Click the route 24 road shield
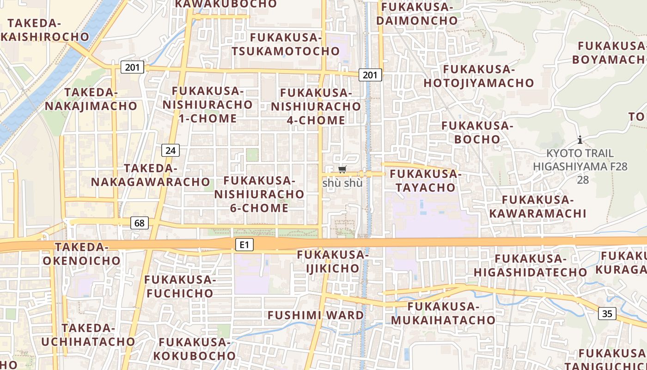pyautogui.click(x=171, y=150)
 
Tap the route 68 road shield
pyautogui.click(x=140, y=223)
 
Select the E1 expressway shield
pyautogui.click(x=244, y=245)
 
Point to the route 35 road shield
pyautogui.click(x=607, y=314)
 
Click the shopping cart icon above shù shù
pyautogui.click(x=342, y=170)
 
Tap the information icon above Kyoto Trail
pyautogui.click(x=580, y=140)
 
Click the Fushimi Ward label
pyautogui.click(x=316, y=315)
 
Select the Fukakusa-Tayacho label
pyautogui.click(x=425, y=181)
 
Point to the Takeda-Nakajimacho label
pyautogui.click(x=91, y=99)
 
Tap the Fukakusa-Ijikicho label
pyautogui.click(x=333, y=261)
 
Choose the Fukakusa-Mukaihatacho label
pyautogui.click(x=443, y=313)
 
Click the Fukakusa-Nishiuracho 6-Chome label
pyautogui.click(x=259, y=194)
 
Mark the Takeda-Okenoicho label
pyautogui.click(x=82, y=254)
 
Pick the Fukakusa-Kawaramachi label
pyautogui.click(x=537, y=207)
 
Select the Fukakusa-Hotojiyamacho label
pyautogui.click(x=479, y=76)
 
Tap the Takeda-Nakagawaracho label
pyautogui.click(x=151, y=175)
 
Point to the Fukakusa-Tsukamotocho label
pyautogui.click(x=286, y=44)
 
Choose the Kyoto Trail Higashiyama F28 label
pyautogui.click(x=580, y=160)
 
